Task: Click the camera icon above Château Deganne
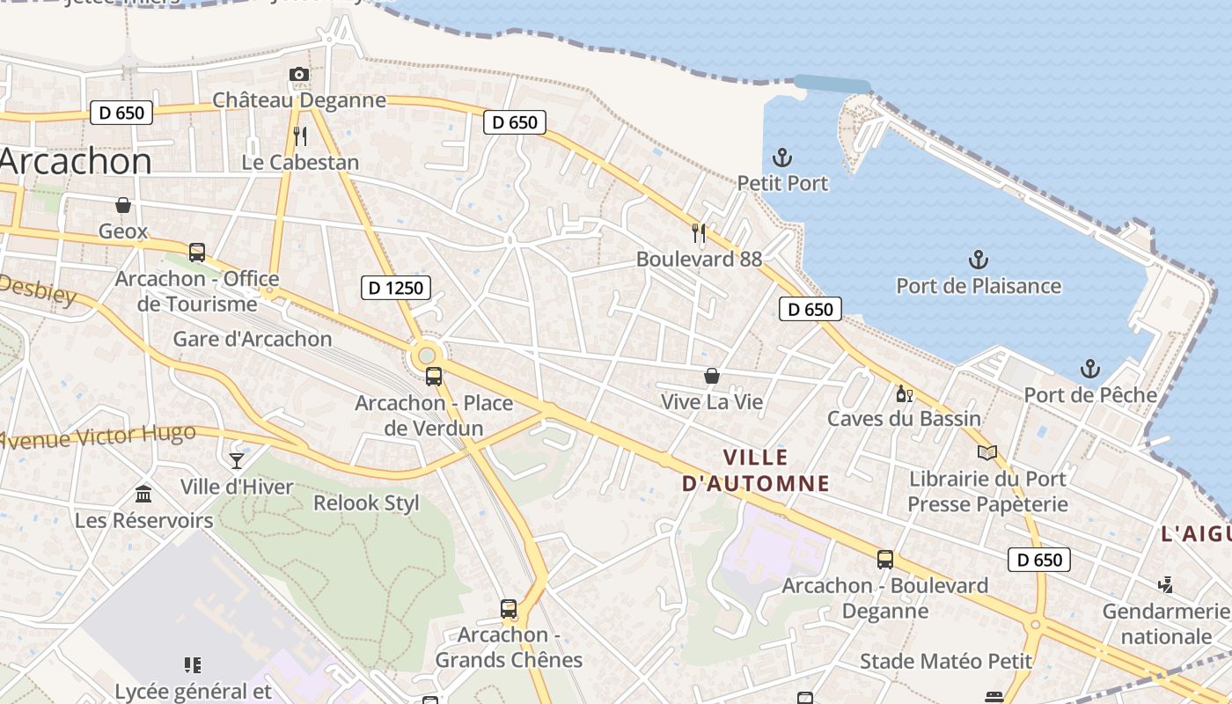[x=299, y=75]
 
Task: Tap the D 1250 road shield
[x=396, y=288]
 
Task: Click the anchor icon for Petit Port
[x=782, y=158]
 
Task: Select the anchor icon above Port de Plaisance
[x=978, y=260]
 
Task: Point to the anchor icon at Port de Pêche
[x=1090, y=369]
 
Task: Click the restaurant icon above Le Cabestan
[x=300, y=136]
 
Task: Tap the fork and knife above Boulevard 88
[x=699, y=232]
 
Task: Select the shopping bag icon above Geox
[x=123, y=205]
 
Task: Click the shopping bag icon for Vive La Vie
[x=712, y=376]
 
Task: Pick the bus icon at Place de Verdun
[x=434, y=377]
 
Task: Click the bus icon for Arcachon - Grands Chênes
[x=509, y=608]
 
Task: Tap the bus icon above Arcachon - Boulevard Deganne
[x=885, y=559]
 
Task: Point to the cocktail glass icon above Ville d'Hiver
[x=237, y=459]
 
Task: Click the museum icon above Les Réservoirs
[x=143, y=494]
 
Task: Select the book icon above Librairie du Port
[x=987, y=452]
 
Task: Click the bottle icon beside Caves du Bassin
[x=901, y=392]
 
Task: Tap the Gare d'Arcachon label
[x=253, y=339]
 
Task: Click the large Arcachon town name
[x=76, y=161]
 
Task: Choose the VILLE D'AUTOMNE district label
[x=756, y=470]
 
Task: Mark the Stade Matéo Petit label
[x=946, y=661]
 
